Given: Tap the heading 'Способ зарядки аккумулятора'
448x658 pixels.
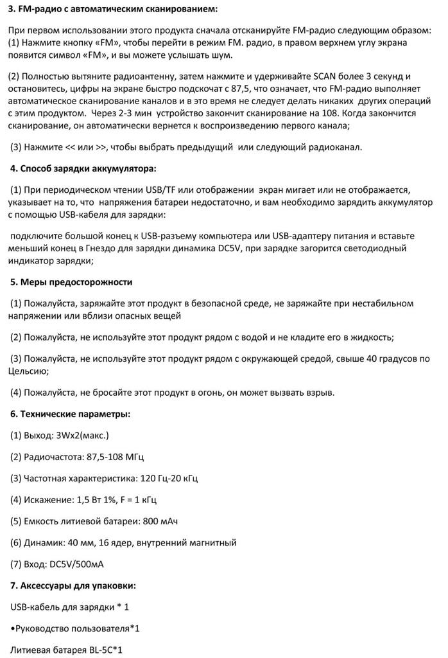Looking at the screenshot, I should point(83,169).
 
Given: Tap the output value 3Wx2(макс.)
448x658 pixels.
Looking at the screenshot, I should point(83,435).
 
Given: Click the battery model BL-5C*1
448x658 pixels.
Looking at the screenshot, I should point(103,650).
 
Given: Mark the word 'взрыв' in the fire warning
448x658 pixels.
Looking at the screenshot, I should point(317,392).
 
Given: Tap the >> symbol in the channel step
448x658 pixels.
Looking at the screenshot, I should point(101,147).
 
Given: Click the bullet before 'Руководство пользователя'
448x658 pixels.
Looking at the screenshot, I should point(13,628).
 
